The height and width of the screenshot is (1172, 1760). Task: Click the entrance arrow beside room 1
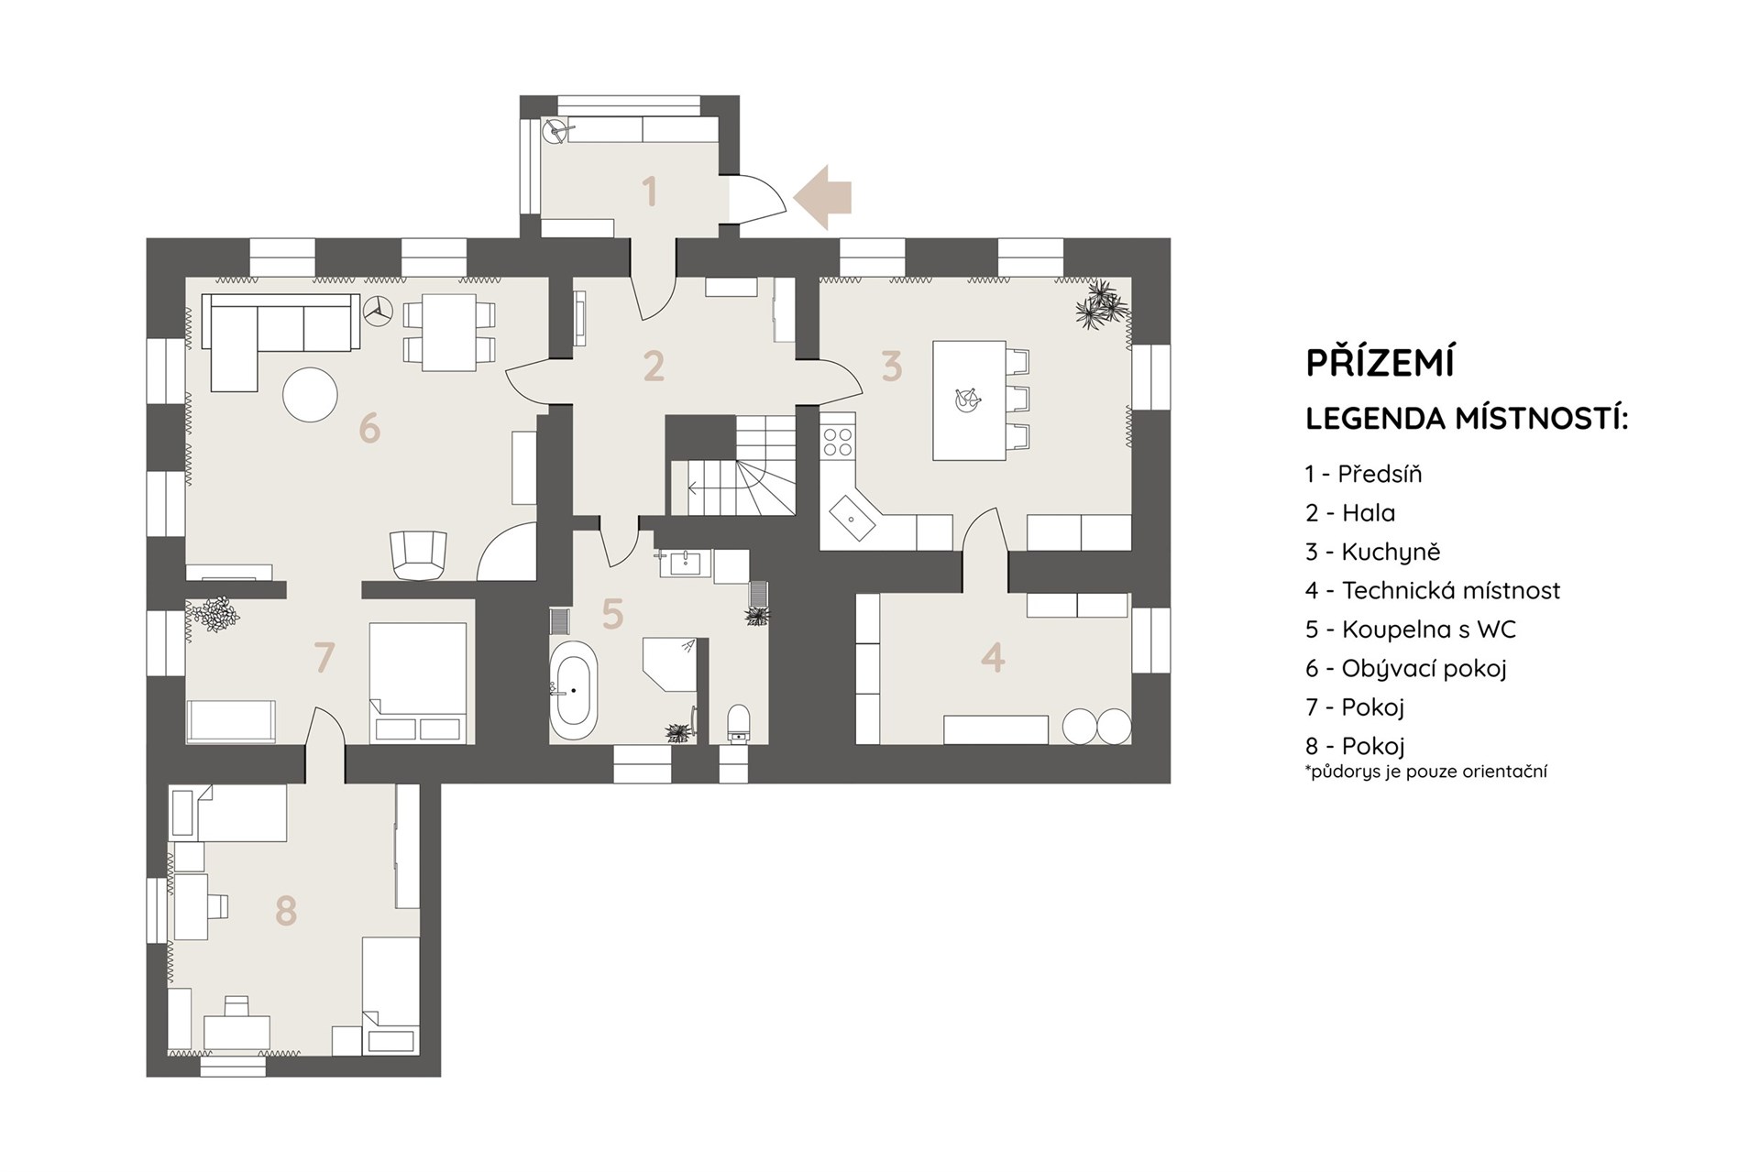coord(823,197)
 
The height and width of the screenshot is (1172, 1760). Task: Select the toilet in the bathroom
coord(738,722)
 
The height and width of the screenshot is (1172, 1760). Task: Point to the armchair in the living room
coord(419,554)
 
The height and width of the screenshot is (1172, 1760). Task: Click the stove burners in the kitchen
coord(837,442)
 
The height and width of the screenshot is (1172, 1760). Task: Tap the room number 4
coord(993,657)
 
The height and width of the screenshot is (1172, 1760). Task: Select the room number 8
coord(286,911)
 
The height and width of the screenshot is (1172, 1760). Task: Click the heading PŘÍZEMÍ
coord(1380,362)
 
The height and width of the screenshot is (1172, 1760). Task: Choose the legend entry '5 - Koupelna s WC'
coord(1411,630)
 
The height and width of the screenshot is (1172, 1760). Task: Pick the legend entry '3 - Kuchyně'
coord(1373,552)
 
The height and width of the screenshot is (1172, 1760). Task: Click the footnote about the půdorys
coord(1426,772)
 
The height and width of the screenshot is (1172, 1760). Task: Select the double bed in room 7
coord(418,682)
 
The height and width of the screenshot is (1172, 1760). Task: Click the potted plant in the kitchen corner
coord(1102,305)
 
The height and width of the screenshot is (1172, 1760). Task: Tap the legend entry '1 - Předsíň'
coord(1364,474)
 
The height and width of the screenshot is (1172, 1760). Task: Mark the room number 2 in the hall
coord(654,366)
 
